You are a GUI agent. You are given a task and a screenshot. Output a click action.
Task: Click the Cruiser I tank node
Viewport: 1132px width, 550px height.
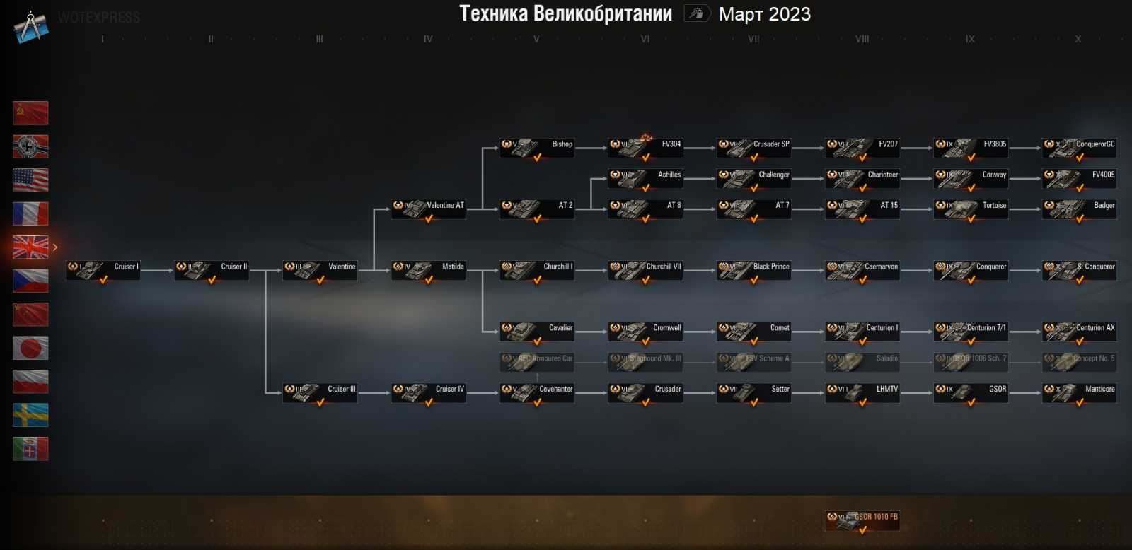click(x=103, y=270)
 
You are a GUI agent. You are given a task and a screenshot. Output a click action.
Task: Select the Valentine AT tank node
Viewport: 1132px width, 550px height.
click(x=429, y=209)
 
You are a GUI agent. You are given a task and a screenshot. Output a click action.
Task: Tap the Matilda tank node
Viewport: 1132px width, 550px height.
click(x=429, y=270)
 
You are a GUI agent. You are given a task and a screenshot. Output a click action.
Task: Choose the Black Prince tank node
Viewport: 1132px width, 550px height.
click(x=754, y=270)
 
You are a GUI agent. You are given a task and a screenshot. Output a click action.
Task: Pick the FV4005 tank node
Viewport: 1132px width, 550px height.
click(x=1080, y=178)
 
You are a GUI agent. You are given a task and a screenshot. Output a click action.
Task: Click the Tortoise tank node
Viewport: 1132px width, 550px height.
click(x=971, y=209)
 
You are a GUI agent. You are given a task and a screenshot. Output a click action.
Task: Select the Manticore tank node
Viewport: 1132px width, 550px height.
click(x=1080, y=392)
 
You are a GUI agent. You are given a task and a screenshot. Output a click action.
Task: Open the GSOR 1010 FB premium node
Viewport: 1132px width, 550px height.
click(x=862, y=520)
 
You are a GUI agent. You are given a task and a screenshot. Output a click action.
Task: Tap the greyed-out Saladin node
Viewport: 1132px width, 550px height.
click(x=862, y=361)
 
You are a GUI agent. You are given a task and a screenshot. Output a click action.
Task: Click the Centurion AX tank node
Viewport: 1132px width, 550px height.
click(x=1080, y=331)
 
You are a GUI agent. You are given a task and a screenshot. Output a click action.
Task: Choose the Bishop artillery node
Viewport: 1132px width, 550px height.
click(x=537, y=147)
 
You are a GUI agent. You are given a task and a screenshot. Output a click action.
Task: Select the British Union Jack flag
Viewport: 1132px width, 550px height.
click(x=30, y=247)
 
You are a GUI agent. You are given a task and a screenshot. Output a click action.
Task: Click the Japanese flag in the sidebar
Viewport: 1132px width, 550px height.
click(x=30, y=348)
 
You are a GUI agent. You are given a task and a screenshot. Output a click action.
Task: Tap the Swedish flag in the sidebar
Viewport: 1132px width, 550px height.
click(x=30, y=415)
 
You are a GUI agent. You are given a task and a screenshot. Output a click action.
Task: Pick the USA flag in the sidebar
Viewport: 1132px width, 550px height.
click(x=30, y=180)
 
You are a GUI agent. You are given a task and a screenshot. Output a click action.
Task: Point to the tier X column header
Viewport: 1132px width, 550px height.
click(x=1078, y=40)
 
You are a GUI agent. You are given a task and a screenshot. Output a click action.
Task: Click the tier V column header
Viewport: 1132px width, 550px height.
click(x=536, y=40)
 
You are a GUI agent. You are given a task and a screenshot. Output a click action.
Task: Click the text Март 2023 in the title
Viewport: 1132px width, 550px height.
click(x=765, y=14)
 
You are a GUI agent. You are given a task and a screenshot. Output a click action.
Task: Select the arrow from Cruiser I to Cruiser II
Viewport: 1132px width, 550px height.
click(x=157, y=270)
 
